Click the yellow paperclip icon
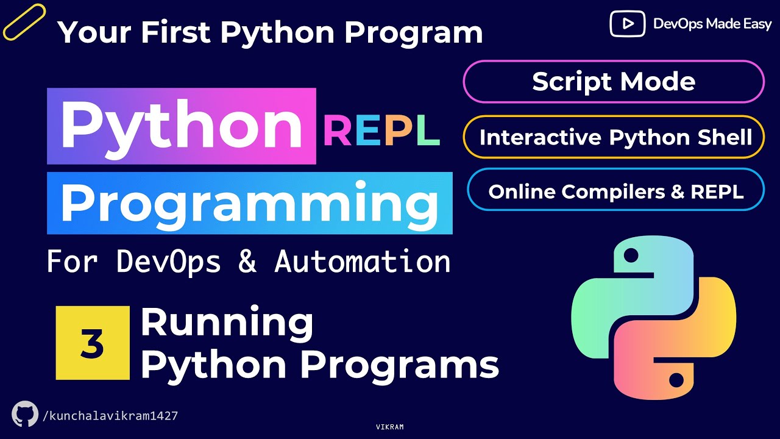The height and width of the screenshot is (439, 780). (24, 22)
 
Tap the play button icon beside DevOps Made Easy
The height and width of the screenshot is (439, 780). (627, 24)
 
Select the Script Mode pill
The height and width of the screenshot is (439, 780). (613, 82)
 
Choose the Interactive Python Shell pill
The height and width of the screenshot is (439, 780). (615, 137)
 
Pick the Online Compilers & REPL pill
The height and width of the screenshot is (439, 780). (615, 192)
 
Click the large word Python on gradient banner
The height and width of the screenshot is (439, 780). (181, 126)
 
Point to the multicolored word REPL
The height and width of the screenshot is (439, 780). (381, 132)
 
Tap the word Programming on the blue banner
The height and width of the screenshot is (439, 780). (249, 204)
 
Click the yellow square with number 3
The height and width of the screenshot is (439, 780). (93, 343)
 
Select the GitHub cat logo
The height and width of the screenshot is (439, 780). (25, 414)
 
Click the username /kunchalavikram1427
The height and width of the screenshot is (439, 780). (110, 416)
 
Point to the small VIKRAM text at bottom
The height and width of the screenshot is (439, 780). (390, 427)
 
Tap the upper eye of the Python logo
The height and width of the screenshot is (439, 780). (631, 253)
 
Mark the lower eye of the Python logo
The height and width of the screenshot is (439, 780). (676, 380)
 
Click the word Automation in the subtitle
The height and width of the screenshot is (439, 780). (363, 262)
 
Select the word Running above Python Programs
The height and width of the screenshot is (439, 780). (227, 323)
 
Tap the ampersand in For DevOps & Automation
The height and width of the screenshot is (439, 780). (247, 262)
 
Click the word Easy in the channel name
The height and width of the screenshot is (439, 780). (755, 24)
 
